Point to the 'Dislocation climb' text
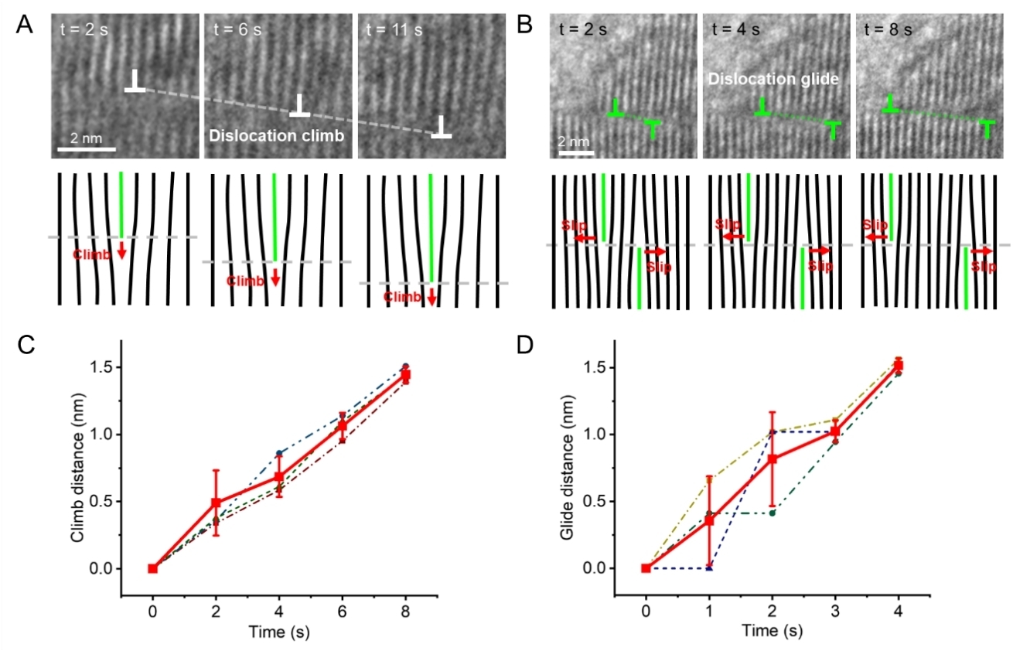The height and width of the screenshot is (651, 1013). tap(276, 135)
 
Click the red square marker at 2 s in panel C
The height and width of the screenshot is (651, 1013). tap(217, 503)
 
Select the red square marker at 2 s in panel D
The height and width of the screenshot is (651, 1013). tap(773, 458)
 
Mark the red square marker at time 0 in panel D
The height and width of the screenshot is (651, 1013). tap(646, 568)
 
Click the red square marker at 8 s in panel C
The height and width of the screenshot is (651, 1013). tap(405, 375)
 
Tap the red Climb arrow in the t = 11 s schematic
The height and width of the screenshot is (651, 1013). tap(431, 296)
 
